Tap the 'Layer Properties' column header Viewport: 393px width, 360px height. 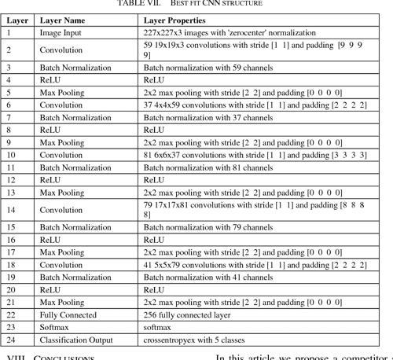pyautogui.click(x=174, y=20)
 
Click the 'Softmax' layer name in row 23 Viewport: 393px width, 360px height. pyautogui.click(x=56, y=328)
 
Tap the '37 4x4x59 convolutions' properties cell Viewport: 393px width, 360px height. pyautogui.click(x=255, y=105)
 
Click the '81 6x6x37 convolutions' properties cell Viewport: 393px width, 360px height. pyautogui.click(x=255, y=155)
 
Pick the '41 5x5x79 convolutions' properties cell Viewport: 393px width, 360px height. pyautogui.click(x=255, y=265)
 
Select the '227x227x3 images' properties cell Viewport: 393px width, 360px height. pyautogui.click(x=230, y=33)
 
